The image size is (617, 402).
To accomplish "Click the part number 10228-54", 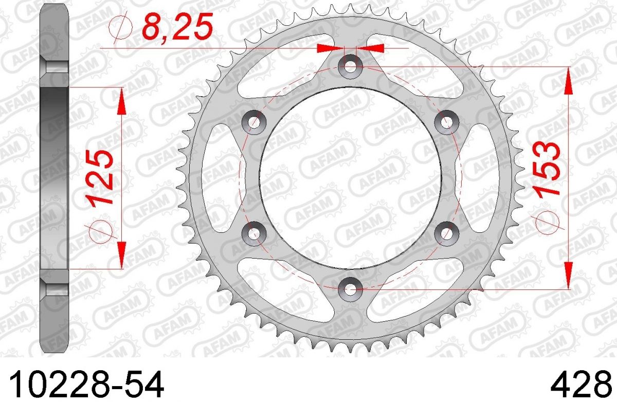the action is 86,384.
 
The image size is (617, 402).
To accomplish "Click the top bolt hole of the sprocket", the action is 350,66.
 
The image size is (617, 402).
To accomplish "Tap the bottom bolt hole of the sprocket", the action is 350,289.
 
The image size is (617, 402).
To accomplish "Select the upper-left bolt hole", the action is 253,122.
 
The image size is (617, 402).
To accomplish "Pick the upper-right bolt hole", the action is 446,122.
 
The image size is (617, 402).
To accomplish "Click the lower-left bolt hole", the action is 253,234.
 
